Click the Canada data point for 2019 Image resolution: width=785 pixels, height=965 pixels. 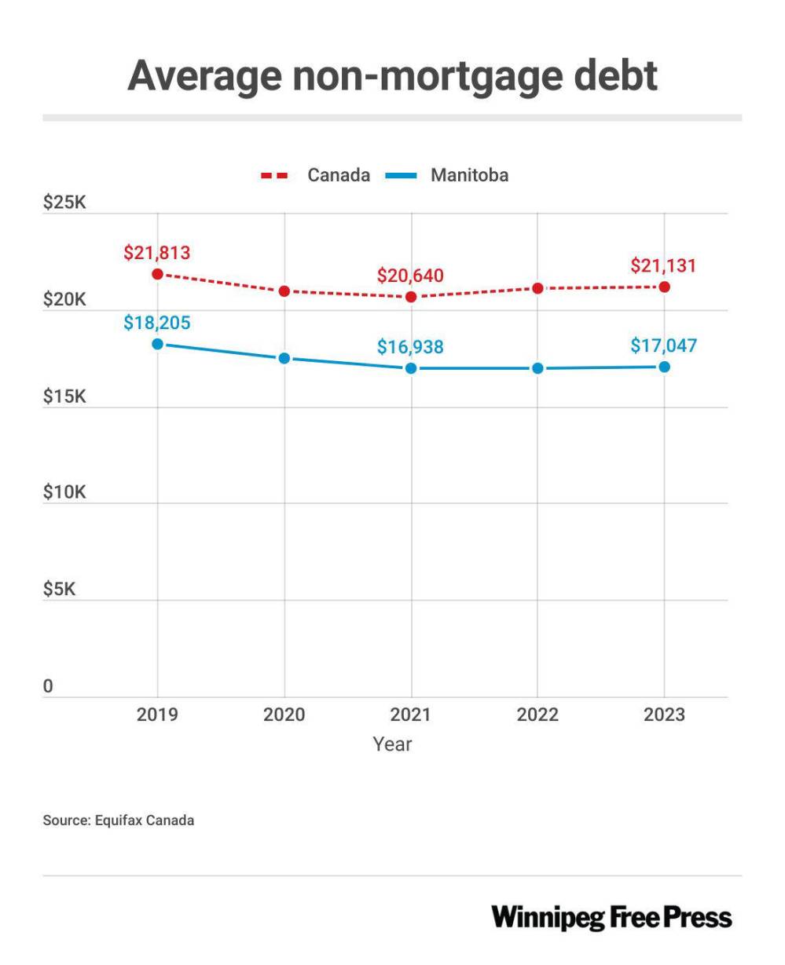157,274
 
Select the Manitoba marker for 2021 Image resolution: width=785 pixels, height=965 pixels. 411,368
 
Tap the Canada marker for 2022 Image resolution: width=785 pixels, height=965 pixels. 537,288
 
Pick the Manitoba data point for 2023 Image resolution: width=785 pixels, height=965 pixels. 665,367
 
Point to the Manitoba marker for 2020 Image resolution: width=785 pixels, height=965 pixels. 284,358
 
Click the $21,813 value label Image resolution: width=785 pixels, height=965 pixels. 157,253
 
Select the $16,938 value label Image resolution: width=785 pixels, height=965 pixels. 410,347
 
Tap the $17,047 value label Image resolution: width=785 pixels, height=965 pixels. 663,345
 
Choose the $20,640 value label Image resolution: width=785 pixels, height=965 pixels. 410,276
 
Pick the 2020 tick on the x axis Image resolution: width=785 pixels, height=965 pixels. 284,715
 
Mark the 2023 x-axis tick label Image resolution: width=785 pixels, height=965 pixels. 664,715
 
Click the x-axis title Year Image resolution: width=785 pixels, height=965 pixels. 392,744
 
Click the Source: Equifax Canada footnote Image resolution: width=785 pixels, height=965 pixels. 118,821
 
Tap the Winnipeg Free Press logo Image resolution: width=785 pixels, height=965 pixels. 611,917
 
